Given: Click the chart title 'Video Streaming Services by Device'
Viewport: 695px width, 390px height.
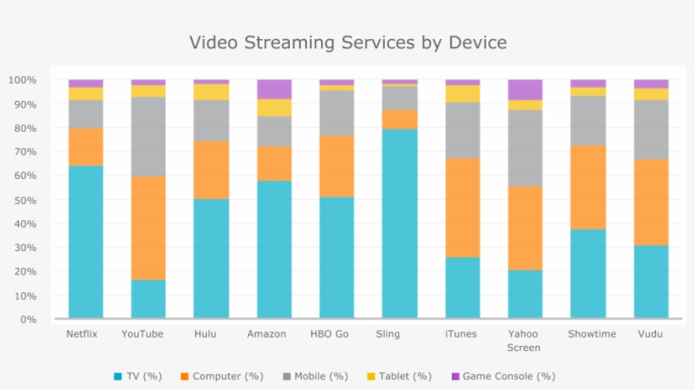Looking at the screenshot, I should coord(347,42).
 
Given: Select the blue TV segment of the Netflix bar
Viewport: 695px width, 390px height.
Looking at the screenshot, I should coord(86,242).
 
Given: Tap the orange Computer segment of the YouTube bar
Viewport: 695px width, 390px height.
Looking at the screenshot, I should coord(148,228).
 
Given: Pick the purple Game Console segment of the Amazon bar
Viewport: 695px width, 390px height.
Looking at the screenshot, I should coord(274,89).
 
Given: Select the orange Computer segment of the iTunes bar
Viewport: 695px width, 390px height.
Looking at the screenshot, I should coord(462,208).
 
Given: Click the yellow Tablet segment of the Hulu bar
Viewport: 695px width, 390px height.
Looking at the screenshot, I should coord(211,92).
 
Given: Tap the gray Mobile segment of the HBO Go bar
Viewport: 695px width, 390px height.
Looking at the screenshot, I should coord(336,113).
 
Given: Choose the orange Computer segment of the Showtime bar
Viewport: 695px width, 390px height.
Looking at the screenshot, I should coord(587,187).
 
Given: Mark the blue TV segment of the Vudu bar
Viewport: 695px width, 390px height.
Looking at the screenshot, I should coord(651,281).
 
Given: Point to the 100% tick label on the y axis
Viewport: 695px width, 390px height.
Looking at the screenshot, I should coord(22,81).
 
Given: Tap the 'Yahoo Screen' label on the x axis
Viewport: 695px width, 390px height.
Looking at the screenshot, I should coord(525,341).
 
